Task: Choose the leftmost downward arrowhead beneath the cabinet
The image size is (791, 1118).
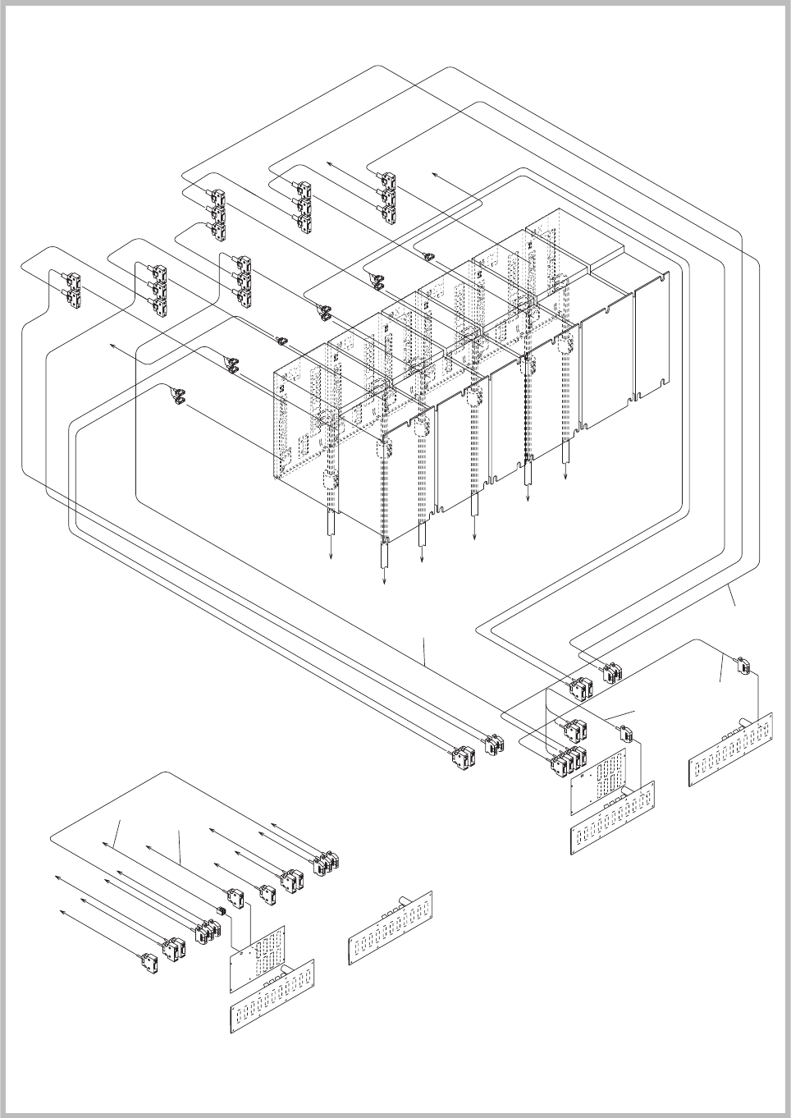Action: point(331,557)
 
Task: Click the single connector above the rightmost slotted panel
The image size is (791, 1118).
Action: point(742,665)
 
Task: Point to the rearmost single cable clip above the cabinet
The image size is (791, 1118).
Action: point(428,255)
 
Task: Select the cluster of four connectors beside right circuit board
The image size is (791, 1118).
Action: point(568,760)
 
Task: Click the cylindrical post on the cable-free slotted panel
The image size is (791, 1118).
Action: point(402,900)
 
